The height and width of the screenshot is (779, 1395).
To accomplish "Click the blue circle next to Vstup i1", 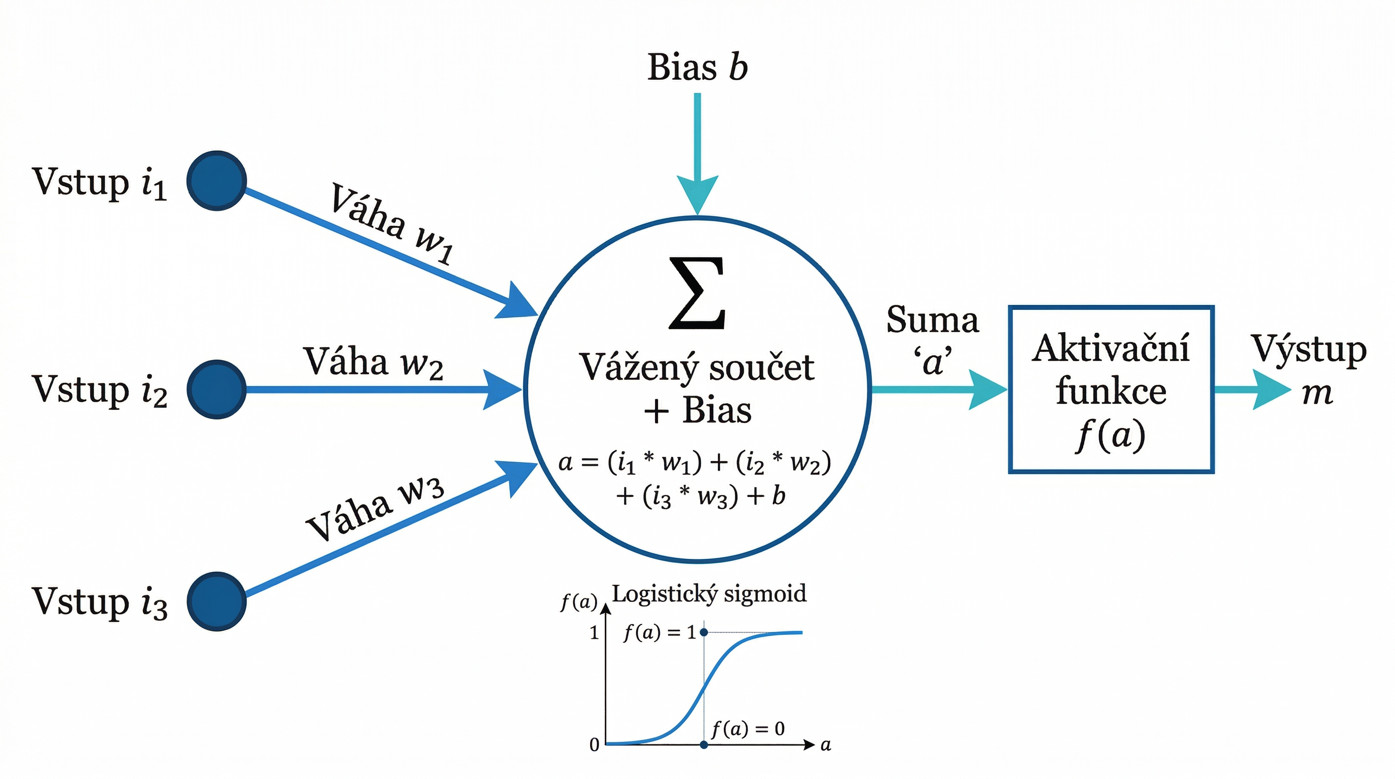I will (x=216, y=181).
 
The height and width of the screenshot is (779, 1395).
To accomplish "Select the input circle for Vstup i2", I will (x=216, y=389).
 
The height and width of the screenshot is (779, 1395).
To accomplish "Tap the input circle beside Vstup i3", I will (x=216, y=601).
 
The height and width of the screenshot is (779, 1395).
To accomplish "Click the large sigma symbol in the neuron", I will (x=697, y=293).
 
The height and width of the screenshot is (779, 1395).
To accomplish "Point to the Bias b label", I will (x=697, y=68).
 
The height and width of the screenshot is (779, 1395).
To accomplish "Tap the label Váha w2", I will (x=373, y=362).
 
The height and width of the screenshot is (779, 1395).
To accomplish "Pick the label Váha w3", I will (x=375, y=509).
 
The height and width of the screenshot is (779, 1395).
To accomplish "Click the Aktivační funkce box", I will (x=1111, y=389).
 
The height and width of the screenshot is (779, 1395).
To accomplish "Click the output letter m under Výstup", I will (x=1316, y=393).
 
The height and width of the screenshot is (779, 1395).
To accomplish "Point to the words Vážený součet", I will (x=697, y=368).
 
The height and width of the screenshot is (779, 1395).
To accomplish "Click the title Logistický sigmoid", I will (x=708, y=594).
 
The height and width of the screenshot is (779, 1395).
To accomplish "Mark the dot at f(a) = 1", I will (x=704, y=632).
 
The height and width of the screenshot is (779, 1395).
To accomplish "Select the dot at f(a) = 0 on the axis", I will (x=704, y=745).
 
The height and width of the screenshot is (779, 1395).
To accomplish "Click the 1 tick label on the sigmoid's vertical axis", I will (x=595, y=633).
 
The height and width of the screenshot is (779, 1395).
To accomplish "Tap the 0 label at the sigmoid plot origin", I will (x=595, y=745).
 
